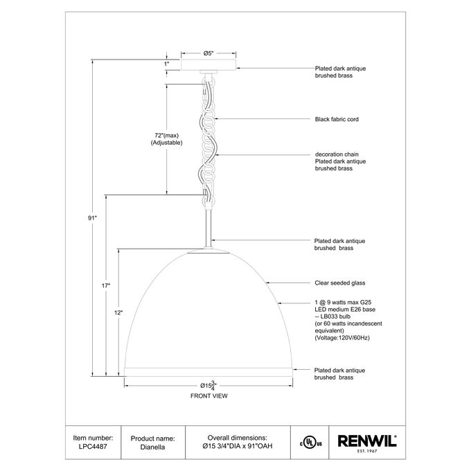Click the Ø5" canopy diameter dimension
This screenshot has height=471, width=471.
point(208,53)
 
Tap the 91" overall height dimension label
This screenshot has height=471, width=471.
point(92,218)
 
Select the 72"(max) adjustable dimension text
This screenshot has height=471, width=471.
point(166,139)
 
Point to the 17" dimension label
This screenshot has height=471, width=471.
point(106,285)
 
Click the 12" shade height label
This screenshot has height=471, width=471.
point(118,312)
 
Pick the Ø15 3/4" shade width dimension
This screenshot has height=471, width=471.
point(208,385)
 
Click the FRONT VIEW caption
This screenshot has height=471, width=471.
point(209,396)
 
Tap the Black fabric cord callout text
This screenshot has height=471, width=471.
point(337,119)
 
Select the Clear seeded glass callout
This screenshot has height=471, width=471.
point(340,283)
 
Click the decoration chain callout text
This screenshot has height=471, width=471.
point(337,154)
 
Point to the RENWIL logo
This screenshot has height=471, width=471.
point(367,442)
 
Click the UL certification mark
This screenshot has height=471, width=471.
point(310,443)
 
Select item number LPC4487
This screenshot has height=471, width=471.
point(93,446)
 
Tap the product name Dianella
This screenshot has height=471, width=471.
point(152,447)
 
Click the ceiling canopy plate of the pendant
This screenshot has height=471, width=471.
point(208,65)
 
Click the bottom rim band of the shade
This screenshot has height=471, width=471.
point(208,371)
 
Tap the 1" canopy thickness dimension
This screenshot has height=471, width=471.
point(166,64)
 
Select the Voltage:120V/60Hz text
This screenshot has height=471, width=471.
point(342,338)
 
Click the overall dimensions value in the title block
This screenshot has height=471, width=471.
point(238,446)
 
